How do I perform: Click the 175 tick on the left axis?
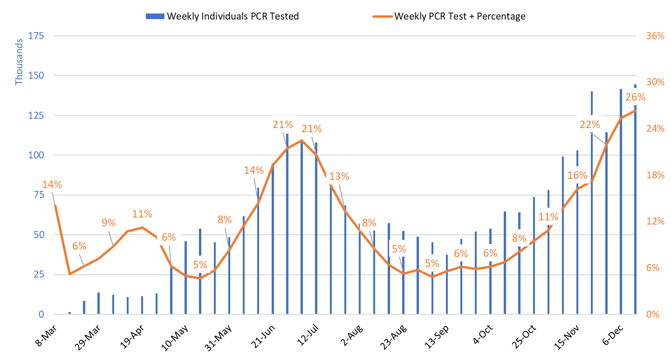click(x=36, y=35)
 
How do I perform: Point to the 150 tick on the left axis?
click(x=36, y=75)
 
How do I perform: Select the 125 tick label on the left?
click(x=36, y=115)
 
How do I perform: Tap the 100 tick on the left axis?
click(x=36, y=155)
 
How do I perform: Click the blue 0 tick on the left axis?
click(x=41, y=314)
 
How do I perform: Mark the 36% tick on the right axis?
click(x=655, y=36)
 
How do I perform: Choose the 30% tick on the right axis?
click(x=655, y=82)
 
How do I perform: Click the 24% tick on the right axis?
click(x=655, y=129)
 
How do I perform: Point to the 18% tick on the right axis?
click(x=655, y=175)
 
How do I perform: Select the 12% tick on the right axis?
click(x=655, y=221)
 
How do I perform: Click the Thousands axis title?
click(x=19, y=61)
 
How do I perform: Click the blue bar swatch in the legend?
click(x=155, y=16)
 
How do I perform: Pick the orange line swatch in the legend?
click(x=383, y=16)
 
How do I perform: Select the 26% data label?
click(x=636, y=97)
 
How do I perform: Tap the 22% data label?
click(x=590, y=124)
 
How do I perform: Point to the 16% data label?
click(x=577, y=176)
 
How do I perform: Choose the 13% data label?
click(x=339, y=176)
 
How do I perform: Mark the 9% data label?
click(x=109, y=223)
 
